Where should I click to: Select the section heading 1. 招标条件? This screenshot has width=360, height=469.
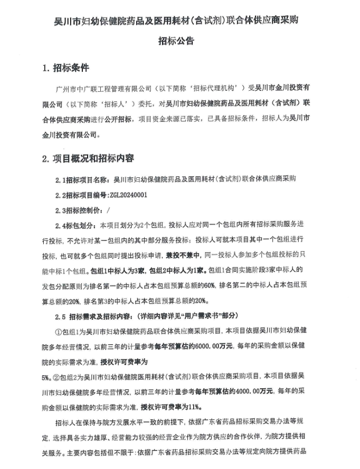click(x=65, y=68)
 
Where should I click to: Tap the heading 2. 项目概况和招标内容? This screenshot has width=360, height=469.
click(x=88, y=158)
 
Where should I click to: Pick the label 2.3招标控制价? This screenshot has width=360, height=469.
click(x=79, y=210)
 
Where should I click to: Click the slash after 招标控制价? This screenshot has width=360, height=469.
click(x=108, y=210)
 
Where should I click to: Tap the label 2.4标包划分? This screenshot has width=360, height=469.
click(x=77, y=226)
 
